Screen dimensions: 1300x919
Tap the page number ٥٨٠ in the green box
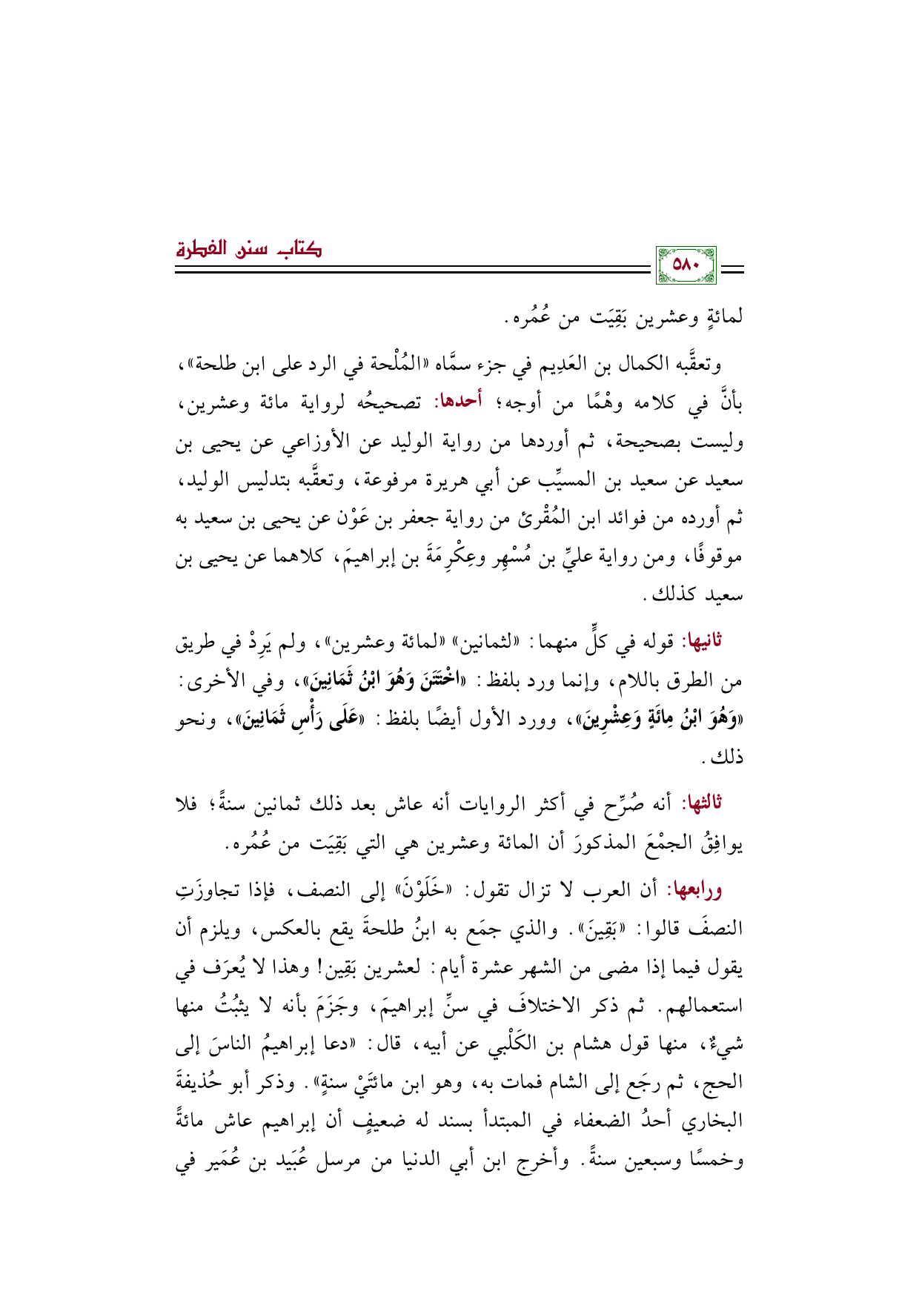686,265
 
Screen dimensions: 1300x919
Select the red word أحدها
458,403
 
